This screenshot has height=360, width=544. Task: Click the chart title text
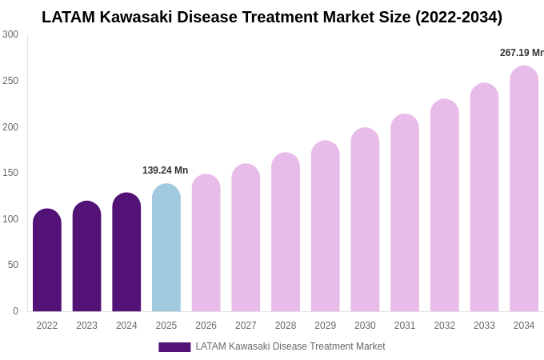click(x=272, y=17)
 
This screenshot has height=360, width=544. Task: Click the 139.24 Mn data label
click(x=165, y=170)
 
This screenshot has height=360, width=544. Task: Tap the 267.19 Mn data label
click(x=522, y=53)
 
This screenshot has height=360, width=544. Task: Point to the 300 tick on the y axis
click(x=10, y=34)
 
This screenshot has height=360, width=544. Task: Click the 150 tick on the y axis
click(x=10, y=173)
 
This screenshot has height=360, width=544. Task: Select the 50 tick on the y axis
click(x=13, y=265)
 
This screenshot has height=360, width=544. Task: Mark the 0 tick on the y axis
click(x=15, y=311)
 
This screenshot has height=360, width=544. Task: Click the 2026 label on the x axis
click(x=206, y=326)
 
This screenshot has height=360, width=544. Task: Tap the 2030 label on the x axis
click(x=365, y=326)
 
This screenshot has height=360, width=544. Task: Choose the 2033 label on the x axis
click(x=484, y=326)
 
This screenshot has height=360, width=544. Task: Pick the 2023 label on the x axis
click(x=87, y=326)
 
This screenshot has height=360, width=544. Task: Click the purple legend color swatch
click(x=174, y=347)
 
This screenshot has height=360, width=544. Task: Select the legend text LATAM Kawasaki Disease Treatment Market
click(x=290, y=346)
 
